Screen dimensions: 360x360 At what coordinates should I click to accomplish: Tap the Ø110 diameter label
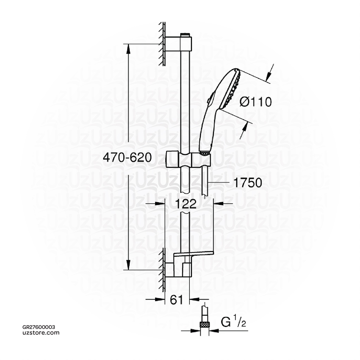coord(256,102)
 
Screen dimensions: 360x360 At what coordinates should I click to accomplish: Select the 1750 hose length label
coord(247,183)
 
